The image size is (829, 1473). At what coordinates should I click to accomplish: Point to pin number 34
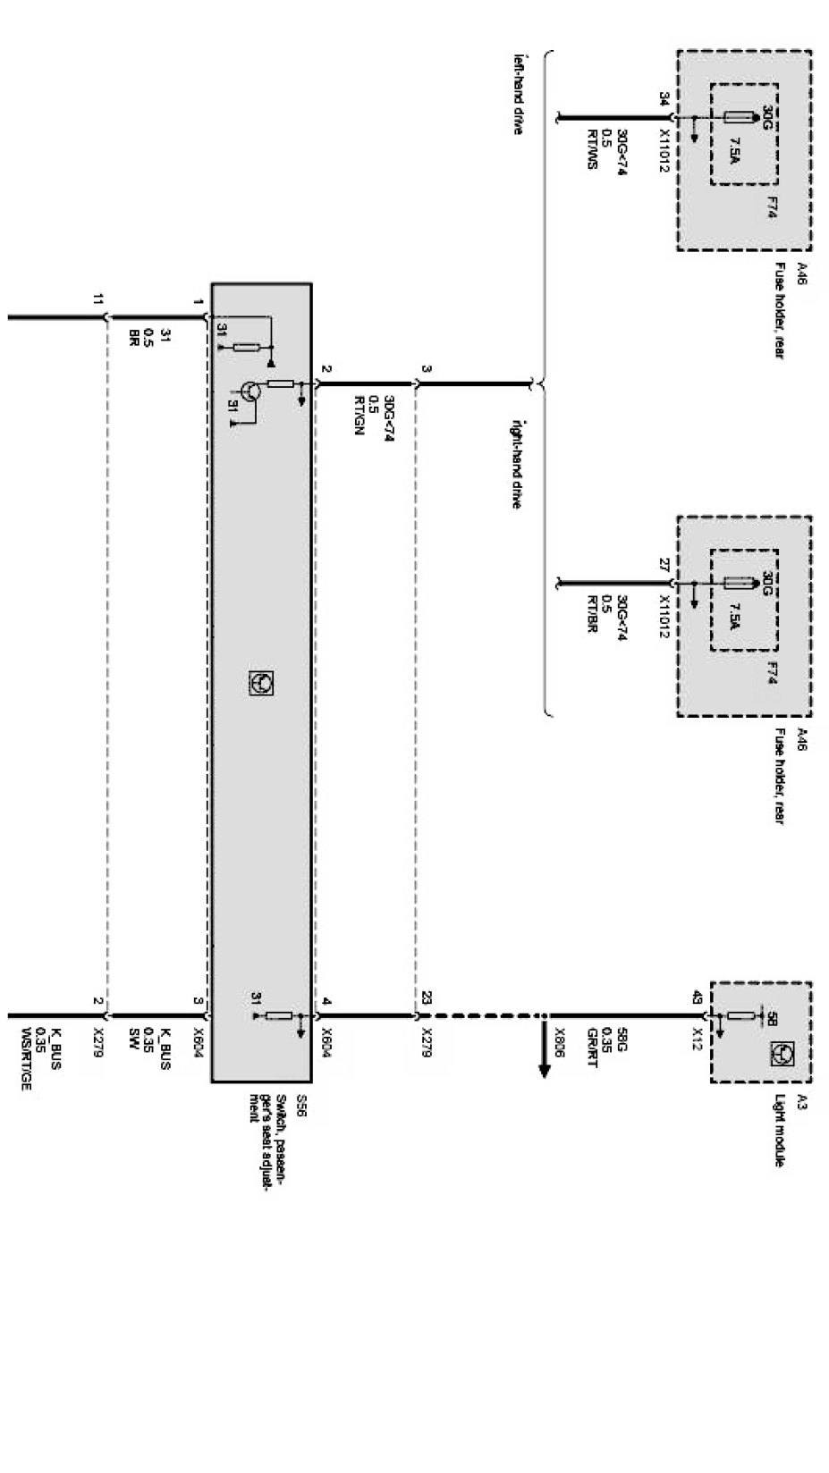pos(663,97)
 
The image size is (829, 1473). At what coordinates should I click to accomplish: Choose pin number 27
pos(663,564)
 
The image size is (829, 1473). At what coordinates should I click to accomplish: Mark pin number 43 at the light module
pos(697,997)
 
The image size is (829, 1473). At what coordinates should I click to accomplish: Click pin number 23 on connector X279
pos(427,997)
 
